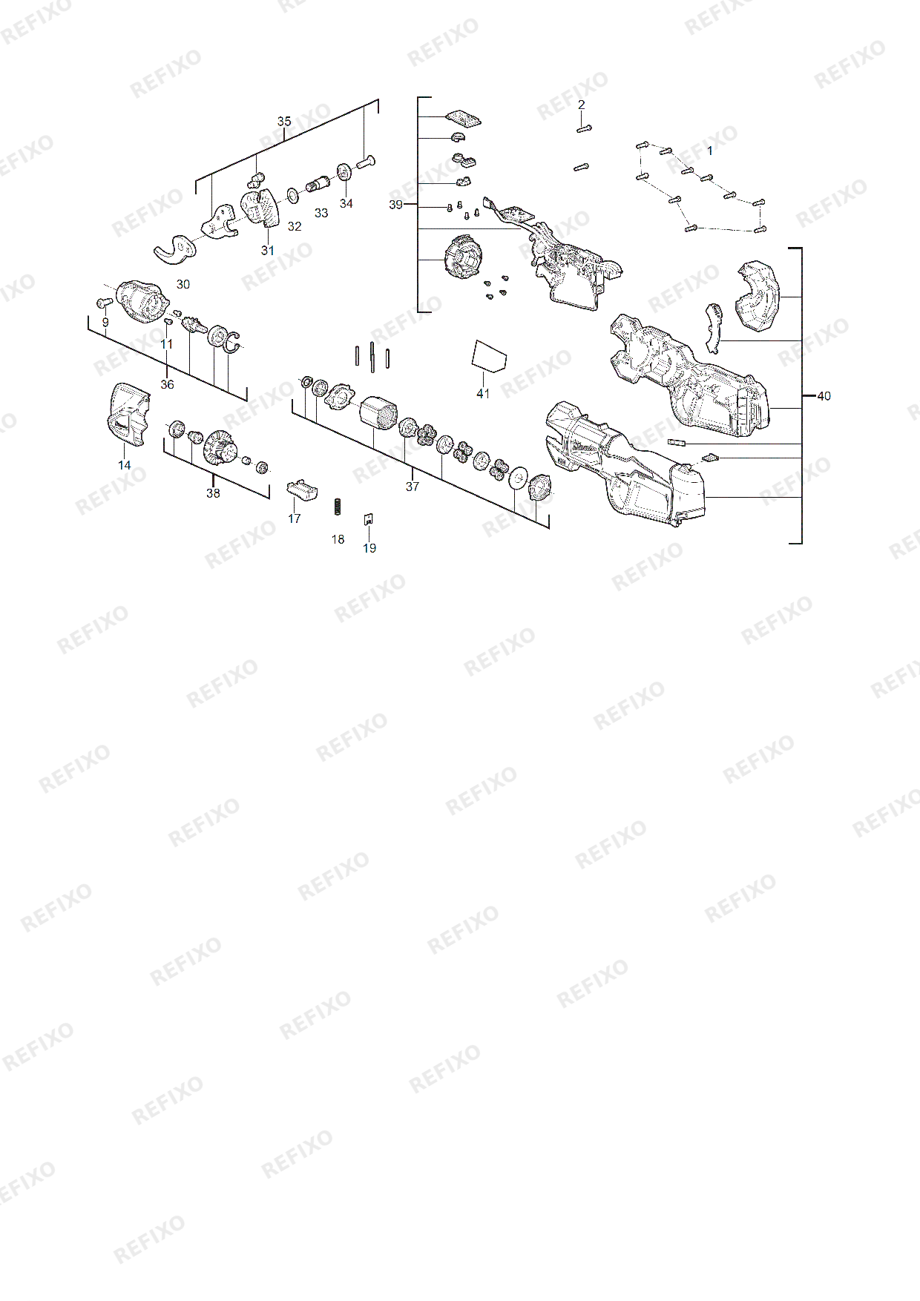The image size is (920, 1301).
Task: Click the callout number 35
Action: click(284, 122)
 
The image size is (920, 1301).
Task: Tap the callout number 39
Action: click(396, 204)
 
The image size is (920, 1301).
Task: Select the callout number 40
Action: click(824, 396)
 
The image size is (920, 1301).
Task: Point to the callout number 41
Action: click(483, 394)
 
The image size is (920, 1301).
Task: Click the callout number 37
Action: click(413, 487)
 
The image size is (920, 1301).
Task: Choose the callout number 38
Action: click(213, 493)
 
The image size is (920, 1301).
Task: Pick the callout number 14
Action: click(124, 465)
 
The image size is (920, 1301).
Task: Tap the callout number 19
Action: click(369, 548)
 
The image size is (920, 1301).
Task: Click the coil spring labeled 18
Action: click(338, 507)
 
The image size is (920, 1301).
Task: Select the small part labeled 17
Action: click(302, 489)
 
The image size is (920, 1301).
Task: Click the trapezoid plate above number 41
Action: click(488, 355)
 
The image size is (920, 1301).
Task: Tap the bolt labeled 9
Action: click(104, 303)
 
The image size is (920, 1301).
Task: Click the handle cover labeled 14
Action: click(129, 415)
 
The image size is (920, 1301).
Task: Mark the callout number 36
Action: click(168, 384)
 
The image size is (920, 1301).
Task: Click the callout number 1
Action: click(709, 151)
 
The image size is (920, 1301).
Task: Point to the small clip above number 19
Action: click(368, 519)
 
